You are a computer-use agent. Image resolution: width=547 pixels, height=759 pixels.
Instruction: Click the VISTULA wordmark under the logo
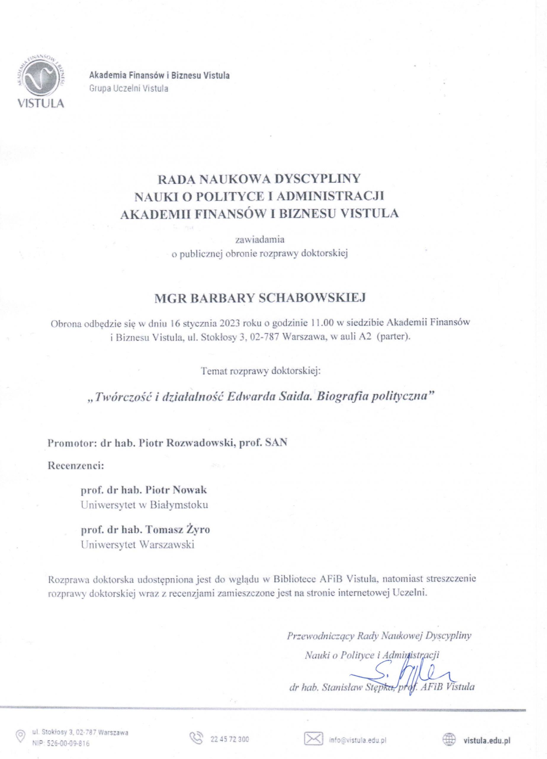coord(41,103)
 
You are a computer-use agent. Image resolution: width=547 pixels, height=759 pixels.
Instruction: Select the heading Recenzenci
coord(76,466)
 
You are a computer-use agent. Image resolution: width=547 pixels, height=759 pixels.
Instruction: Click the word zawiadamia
coord(260,240)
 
